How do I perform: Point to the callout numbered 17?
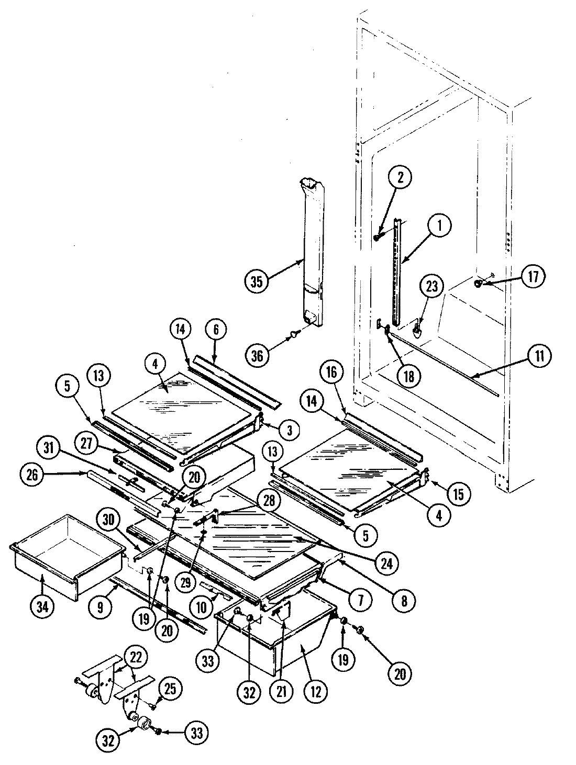click(x=533, y=276)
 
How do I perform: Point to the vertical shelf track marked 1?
click(x=397, y=272)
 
